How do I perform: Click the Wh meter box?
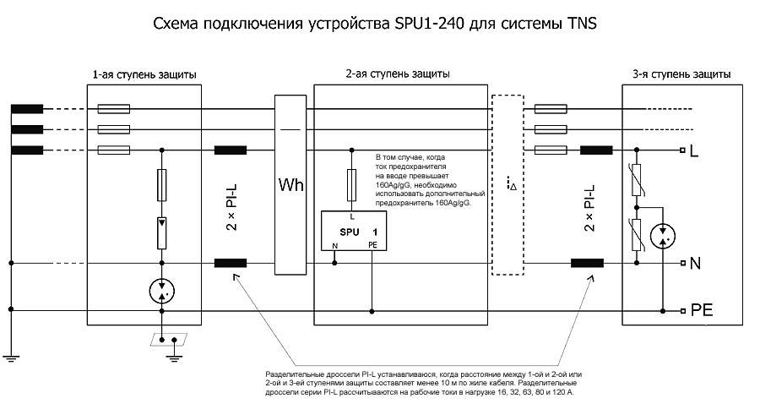[290, 184]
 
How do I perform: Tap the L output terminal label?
[694, 153]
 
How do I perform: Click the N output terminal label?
[696, 264]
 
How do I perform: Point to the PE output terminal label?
[702, 310]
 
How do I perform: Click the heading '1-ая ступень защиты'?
[144, 74]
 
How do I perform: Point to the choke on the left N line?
[231, 263]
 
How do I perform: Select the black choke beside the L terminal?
[597, 151]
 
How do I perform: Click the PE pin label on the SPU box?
[372, 245]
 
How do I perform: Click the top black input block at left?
[27, 109]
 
